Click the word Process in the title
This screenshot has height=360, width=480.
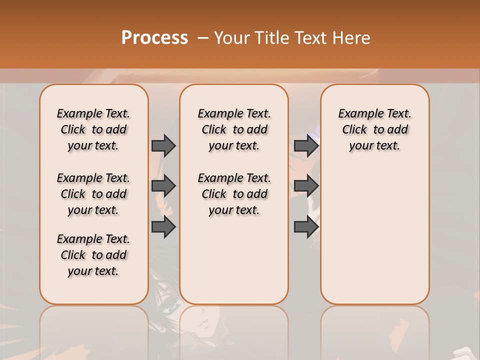(154, 37)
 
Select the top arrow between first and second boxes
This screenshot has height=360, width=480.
(163, 145)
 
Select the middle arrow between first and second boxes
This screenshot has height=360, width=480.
(163, 186)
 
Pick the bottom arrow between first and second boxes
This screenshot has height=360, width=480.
(163, 227)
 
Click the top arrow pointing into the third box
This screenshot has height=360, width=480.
(306, 145)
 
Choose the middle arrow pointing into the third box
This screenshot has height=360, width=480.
(306, 186)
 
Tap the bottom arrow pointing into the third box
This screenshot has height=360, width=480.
(306, 227)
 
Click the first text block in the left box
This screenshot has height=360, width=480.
(93, 129)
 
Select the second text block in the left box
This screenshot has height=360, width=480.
(93, 194)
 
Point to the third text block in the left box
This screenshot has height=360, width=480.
(93, 255)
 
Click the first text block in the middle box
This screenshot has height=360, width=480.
(234, 129)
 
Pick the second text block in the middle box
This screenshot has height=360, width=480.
(234, 194)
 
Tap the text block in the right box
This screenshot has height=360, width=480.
(374, 129)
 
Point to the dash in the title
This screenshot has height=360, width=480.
(202, 38)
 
